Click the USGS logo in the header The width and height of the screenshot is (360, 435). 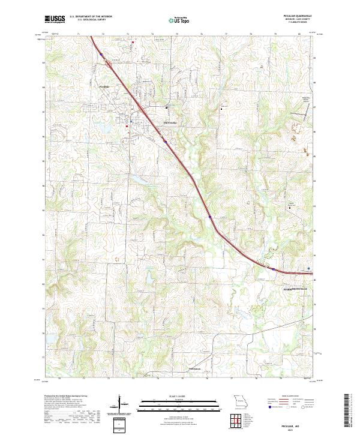pyautogui.click(x=55, y=19)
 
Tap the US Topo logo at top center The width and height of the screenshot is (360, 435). pyautogui.click(x=180, y=20)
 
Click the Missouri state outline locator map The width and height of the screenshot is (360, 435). pyautogui.click(x=239, y=400)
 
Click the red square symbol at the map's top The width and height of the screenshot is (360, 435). pyautogui.click(x=133, y=42)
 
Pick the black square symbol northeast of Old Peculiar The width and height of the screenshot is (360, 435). pyautogui.click(x=221, y=109)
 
